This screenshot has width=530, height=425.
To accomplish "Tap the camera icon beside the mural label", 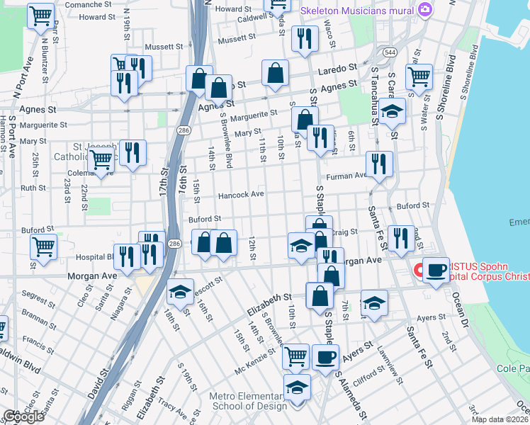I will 424,9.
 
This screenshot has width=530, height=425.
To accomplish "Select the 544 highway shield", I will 390,52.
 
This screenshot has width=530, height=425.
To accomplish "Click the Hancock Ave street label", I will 240,194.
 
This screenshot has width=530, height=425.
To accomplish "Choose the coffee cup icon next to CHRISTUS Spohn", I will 436,270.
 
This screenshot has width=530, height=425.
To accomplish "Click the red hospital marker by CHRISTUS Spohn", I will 419,270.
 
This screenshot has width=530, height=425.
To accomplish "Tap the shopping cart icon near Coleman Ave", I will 101,161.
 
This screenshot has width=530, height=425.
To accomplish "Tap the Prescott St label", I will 207,281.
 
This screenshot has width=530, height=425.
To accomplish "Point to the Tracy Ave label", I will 171,407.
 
